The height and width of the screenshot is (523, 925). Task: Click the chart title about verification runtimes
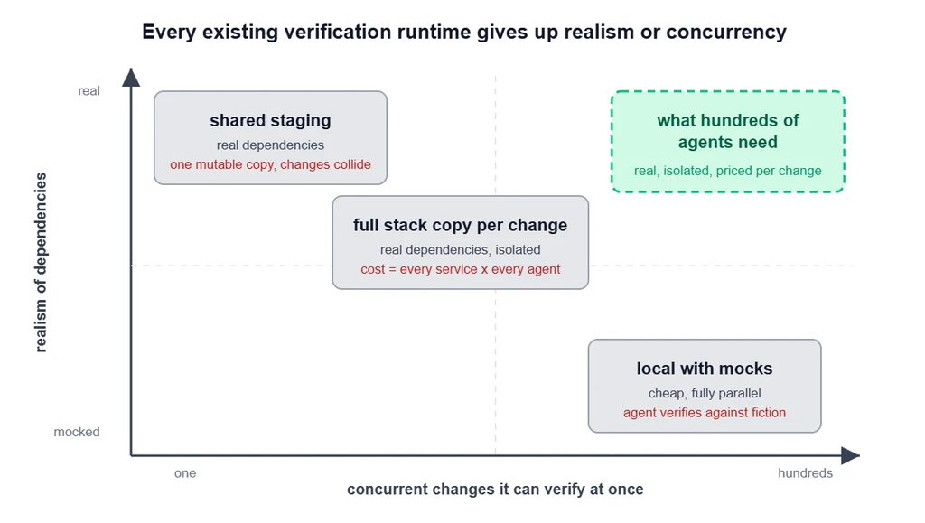point(463,32)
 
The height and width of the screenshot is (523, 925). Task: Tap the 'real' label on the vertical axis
point(89,91)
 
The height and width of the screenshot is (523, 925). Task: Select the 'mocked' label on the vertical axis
point(77,432)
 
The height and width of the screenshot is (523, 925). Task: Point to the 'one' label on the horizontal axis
point(185,473)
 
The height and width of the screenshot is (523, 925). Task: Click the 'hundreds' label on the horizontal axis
point(805,473)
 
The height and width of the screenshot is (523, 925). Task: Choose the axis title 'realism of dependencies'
point(40,262)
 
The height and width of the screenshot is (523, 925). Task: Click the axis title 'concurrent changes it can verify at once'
point(495,490)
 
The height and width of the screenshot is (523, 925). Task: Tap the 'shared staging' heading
point(270,120)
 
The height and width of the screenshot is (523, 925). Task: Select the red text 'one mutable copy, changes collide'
point(270,164)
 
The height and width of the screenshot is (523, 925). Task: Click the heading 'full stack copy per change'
point(460,225)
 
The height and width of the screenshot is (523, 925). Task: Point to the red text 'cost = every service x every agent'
point(460,269)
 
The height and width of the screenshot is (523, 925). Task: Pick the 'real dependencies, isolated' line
point(460,250)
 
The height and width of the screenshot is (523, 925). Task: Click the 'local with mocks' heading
point(705,369)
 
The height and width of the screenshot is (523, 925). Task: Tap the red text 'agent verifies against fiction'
point(705,413)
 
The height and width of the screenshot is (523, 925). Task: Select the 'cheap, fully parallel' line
point(705,393)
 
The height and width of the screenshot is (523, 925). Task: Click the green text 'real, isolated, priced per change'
point(727,171)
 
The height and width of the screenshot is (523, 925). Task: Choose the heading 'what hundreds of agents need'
point(727,132)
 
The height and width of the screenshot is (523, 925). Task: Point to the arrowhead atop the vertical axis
point(131,78)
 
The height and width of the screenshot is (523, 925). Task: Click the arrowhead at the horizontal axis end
point(850,455)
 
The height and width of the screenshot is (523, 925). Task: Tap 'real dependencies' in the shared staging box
point(270,145)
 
